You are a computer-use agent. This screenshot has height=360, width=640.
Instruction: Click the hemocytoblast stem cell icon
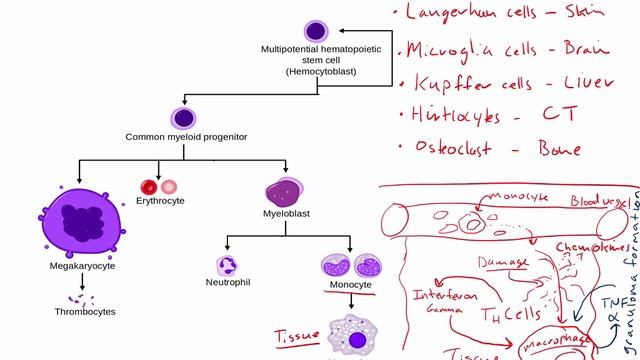click(316, 31)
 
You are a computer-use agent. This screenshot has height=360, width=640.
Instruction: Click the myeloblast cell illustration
click(285, 190)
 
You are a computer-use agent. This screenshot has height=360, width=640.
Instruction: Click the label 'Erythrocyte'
click(159, 201)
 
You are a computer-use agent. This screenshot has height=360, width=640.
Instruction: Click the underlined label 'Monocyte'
click(349, 284)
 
